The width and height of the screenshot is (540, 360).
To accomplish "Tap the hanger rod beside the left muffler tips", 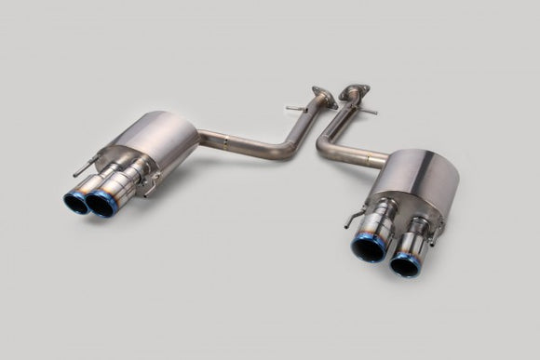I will tap(82, 171).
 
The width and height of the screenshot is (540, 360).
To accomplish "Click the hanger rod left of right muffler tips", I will tap(351, 220).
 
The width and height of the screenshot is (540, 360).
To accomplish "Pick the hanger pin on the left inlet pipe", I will tap(296, 109).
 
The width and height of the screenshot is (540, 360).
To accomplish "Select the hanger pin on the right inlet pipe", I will tap(370, 111).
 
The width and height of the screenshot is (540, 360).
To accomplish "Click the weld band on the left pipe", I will tap(227, 144).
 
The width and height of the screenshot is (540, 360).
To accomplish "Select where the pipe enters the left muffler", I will tap(197, 141).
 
